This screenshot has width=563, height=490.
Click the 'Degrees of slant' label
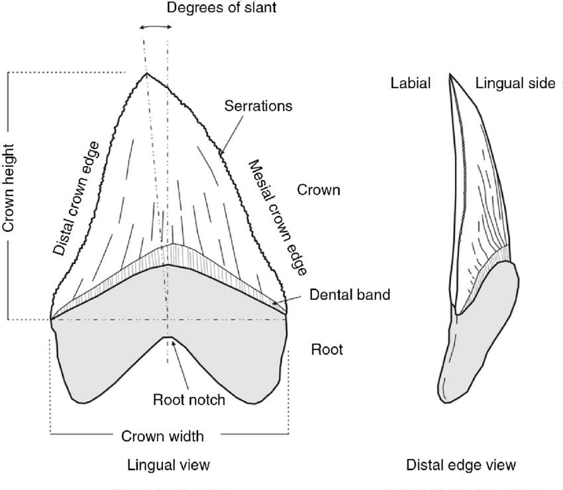[213, 9]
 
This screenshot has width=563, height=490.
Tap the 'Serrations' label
[258, 105]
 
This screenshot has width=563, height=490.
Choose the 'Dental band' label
[350, 295]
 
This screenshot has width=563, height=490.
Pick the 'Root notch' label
[189, 399]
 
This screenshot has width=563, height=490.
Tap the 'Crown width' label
[162, 436]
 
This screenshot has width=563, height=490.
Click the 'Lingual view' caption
[170, 465]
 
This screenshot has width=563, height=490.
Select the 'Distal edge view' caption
[461, 465]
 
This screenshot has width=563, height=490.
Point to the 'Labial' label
[411, 83]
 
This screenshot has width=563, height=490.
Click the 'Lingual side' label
[515, 83]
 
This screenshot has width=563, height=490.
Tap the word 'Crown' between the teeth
[318, 191]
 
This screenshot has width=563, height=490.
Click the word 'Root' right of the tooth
[327, 349]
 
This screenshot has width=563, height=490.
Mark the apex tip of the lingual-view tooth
[147, 73]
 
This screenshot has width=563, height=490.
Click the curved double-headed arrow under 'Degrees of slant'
[156, 27]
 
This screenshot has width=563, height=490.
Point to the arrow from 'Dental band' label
[288, 302]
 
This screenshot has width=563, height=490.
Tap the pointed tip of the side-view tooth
[450, 75]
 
